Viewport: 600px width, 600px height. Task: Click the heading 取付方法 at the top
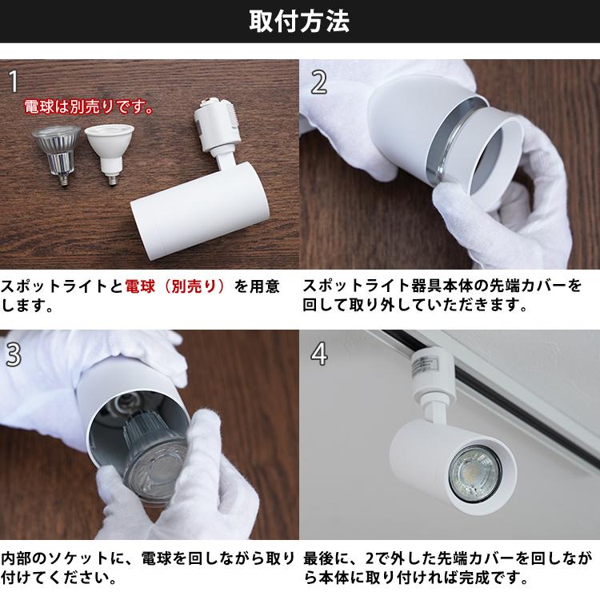299,22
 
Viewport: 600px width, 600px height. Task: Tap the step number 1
14,80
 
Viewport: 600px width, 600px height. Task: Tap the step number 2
318,81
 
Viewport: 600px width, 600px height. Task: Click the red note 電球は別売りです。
87,106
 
